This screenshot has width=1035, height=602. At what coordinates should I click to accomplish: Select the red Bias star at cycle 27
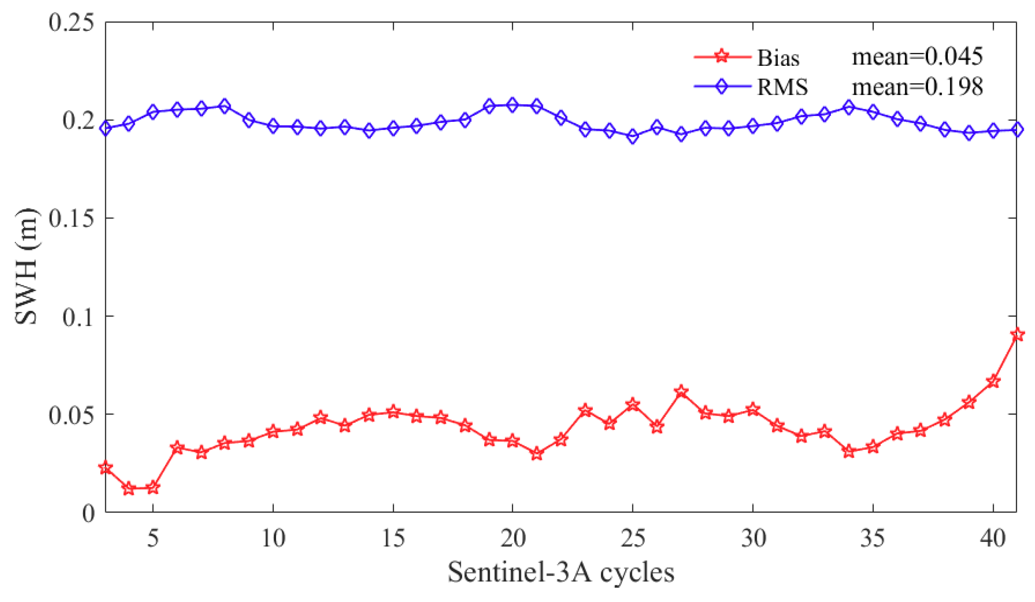681,392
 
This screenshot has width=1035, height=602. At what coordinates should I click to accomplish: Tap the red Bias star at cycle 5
153,487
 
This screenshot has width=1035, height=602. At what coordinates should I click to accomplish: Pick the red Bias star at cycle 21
537,454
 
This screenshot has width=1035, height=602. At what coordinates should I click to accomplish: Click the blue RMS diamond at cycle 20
513,105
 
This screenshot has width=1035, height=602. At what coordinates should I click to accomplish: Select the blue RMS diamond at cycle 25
633,136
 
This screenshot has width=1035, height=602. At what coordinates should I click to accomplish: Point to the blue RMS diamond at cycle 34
849,107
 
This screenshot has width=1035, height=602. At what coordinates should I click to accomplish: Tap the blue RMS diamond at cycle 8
225,107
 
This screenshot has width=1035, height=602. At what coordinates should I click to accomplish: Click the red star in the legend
721,56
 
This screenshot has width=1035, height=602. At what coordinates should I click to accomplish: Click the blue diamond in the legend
721,86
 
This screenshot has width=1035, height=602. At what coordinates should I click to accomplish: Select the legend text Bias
778,58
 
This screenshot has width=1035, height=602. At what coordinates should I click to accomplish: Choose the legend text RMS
782,87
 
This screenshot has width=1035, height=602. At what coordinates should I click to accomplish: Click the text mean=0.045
917,57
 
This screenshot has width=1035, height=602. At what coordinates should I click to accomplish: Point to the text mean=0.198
917,86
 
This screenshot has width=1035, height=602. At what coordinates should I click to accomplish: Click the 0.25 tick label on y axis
72,22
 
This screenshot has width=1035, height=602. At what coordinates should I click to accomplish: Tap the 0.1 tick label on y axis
78,317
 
